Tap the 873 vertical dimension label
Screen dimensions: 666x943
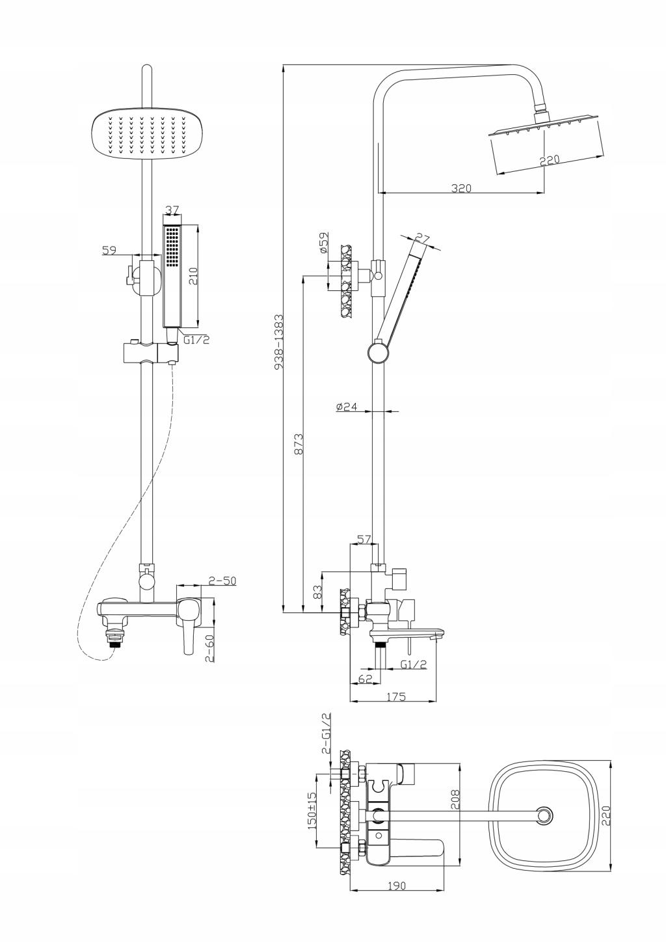click(x=299, y=443)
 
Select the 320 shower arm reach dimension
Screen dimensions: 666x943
click(x=462, y=188)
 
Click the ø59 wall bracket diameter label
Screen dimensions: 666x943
click(x=323, y=243)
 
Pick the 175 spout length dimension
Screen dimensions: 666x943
click(x=395, y=697)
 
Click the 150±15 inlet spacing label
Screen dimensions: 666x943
click(x=312, y=810)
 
